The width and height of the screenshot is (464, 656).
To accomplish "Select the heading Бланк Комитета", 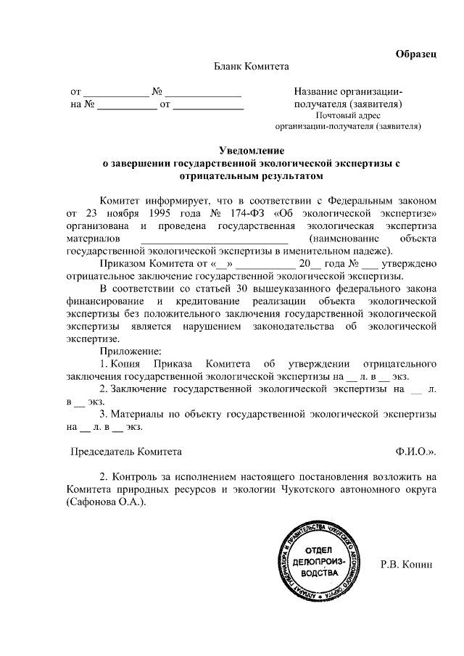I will (x=250, y=67).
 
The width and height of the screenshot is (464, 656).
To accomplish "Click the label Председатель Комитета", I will (x=125, y=451).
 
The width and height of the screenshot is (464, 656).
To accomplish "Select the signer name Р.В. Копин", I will (x=406, y=564).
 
